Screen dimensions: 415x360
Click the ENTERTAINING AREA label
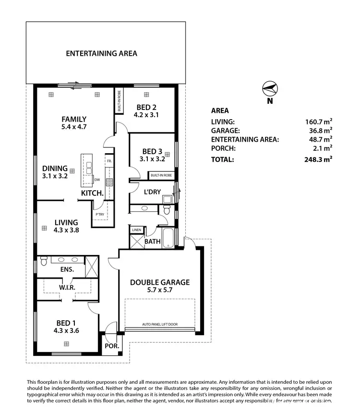[101, 53]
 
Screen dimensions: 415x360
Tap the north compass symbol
[270, 89]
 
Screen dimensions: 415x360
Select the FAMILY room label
[74, 119]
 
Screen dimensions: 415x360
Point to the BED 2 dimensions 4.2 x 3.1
[146, 115]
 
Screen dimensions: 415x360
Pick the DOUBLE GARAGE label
[160, 282]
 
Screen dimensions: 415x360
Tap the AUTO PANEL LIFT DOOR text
[160, 325]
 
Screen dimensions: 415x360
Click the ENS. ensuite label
[67, 270]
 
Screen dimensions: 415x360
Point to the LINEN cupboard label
[137, 230]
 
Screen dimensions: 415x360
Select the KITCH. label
[92, 193]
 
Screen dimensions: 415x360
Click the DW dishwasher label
[97, 180]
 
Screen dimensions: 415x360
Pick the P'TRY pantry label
[100, 214]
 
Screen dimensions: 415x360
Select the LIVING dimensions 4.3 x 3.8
[66, 230]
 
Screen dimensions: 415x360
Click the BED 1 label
[66, 323]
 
